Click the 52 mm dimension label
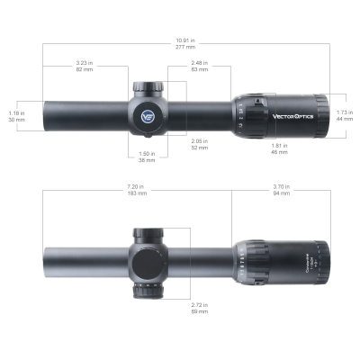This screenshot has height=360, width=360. click(x=201, y=143)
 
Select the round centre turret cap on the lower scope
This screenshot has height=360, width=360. click(x=147, y=261)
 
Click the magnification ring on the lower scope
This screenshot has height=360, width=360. click(x=256, y=260)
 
